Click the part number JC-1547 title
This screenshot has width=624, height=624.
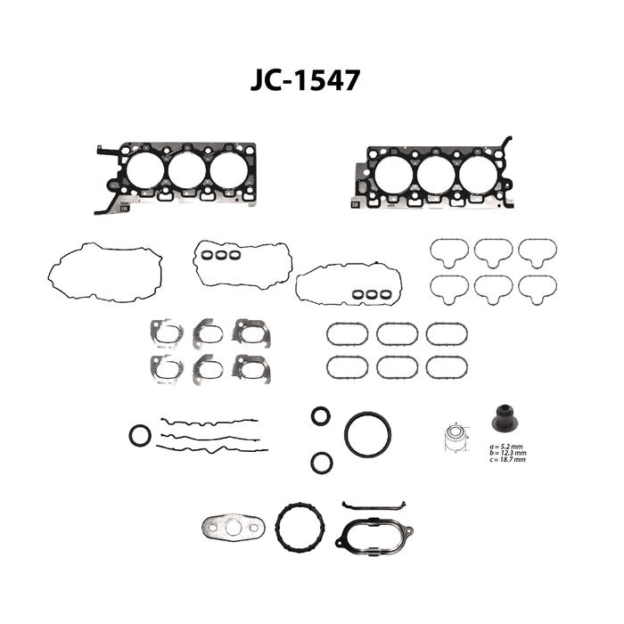point(305,80)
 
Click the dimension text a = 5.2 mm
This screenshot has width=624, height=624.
point(506,447)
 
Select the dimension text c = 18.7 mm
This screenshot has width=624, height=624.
point(508,460)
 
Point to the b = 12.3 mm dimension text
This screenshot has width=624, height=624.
point(509,453)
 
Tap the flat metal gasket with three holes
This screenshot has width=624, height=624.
point(234,528)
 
